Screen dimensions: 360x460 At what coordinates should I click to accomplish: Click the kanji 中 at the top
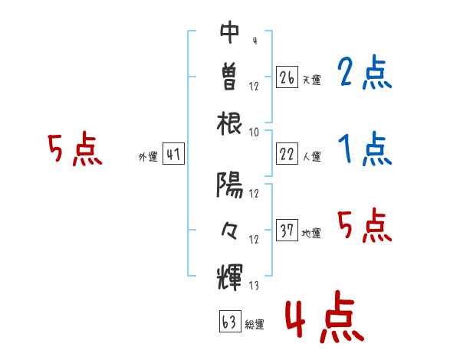coord(230,31)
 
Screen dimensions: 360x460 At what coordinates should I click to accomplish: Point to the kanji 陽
coord(230,183)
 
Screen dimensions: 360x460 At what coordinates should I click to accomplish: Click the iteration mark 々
coord(230,229)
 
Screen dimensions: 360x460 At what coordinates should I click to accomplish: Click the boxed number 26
coord(287,77)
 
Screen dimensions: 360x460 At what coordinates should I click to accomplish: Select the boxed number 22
coord(287,154)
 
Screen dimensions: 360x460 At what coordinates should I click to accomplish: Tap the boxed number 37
coord(287,231)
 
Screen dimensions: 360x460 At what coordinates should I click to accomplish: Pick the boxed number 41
coord(173,155)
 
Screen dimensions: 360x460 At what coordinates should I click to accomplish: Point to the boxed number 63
coord(229,322)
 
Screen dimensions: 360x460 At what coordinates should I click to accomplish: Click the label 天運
coord(310,80)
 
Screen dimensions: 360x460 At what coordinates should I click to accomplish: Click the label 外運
coord(148,157)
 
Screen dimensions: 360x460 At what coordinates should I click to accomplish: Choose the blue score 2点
coord(364,74)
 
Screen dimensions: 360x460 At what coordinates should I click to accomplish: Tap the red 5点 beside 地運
coord(364,227)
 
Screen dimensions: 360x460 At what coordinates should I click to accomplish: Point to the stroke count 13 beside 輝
coord(254,286)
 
